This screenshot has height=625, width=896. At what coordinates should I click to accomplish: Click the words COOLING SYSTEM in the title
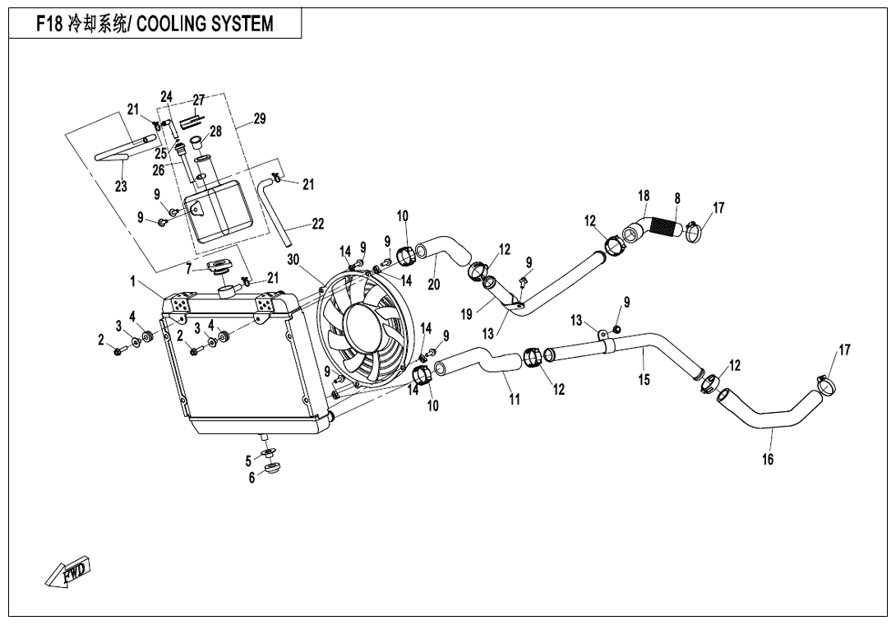point(205,24)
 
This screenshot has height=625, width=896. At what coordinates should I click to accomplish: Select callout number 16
point(768,460)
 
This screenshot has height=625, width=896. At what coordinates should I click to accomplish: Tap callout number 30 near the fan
point(293,260)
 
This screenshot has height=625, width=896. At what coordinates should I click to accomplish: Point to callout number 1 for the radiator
point(133,281)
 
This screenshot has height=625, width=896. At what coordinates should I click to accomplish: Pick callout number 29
point(259,119)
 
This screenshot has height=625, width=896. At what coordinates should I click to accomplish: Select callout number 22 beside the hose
point(317,224)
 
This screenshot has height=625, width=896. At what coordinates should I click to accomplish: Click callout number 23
point(121,187)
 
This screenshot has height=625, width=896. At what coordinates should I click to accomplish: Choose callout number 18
point(644,196)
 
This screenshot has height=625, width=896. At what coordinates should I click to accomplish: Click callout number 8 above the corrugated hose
point(677,198)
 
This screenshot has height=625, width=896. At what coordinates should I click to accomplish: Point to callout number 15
point(644,379)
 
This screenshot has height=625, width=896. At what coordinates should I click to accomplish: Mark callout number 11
point(515,400)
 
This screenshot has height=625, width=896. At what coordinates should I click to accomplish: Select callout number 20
point(434,285)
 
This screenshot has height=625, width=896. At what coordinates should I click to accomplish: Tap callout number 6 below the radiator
point(252,478)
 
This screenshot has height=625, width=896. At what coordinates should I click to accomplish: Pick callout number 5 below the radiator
point(248,461)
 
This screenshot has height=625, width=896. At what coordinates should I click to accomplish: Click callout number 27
point(198,100)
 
